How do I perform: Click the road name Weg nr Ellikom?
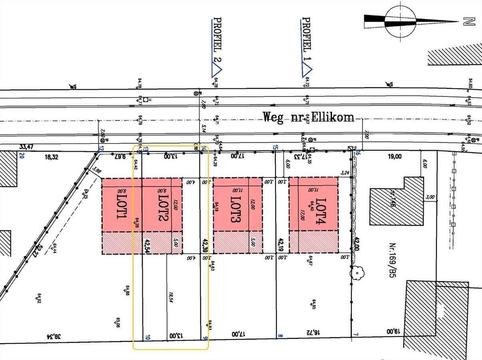pyautogui.click(x=308, y=117)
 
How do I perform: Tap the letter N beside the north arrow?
pyautogui.click(x=469, y=22)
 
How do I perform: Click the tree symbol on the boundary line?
pyautogui.click(x=357, y=273)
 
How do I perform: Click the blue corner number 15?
pyautogui.click(x=275, y=147)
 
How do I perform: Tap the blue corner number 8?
pyautogui.click(x=280, y=336)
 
